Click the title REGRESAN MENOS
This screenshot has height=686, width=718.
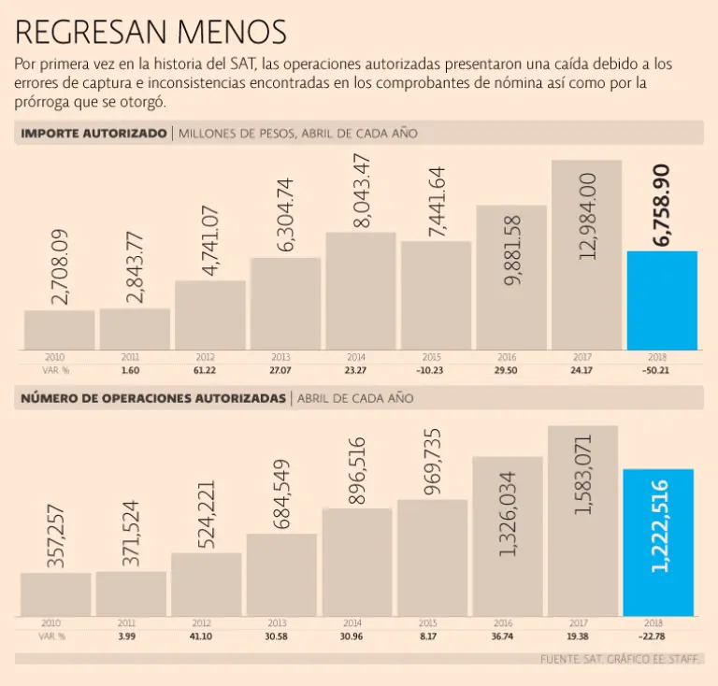pos(151,32)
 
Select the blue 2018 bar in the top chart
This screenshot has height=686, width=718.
pos(661,301)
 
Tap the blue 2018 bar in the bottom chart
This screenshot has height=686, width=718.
pos(658,542)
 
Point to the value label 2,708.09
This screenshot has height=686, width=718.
pos(60,267)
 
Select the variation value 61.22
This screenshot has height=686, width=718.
pos(206,370)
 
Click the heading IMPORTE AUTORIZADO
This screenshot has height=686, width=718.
pos(93,134)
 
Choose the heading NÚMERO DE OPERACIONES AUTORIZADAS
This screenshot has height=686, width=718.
pos(153,398)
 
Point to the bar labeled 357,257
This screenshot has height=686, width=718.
pos(56,594)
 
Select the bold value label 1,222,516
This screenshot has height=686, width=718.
pos(659,525)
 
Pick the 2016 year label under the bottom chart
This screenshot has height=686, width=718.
pos(506,623)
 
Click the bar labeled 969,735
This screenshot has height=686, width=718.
pos(432,558)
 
